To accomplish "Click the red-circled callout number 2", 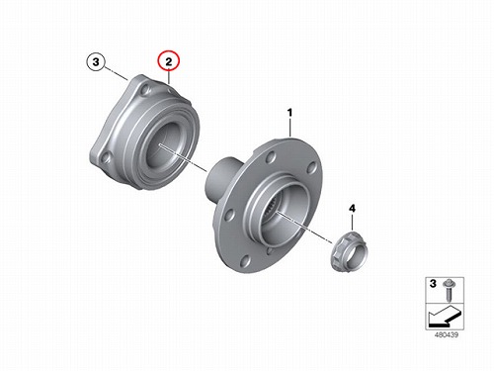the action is point(169,61).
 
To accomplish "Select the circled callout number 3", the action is point(96,61).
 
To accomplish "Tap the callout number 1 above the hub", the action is point(289,113).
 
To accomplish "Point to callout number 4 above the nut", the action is point(352,209).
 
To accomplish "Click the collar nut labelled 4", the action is point(350,250).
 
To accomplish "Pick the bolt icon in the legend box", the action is point(448,289).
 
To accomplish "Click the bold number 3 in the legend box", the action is point(433,284).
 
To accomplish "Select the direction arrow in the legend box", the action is point(444,315).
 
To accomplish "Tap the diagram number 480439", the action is point(447,334).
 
